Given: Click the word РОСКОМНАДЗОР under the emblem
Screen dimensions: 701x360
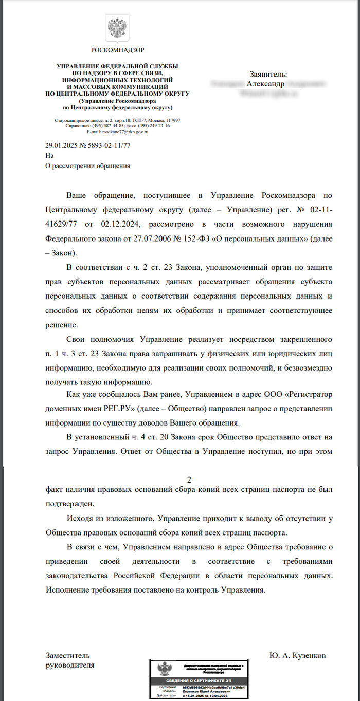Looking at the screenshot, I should click(x=117, y=50).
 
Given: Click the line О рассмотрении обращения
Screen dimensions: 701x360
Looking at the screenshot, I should click(x=87, y=165).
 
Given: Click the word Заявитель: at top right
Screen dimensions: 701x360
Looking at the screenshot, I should click(x=268, y=74).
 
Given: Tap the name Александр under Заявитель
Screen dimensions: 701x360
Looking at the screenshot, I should click(x=265, y=83).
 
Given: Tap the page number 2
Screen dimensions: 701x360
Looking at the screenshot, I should click(x=189, y=480).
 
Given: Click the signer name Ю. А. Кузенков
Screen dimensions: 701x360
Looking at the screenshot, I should click(x=297, y=656).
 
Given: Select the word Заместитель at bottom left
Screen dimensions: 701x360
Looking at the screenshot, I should click(x=68, y=656).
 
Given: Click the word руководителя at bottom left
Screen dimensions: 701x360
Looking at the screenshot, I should click(x=70, y=665).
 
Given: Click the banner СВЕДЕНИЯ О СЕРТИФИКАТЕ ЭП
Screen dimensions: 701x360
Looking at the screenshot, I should click(x=202, y=680).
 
